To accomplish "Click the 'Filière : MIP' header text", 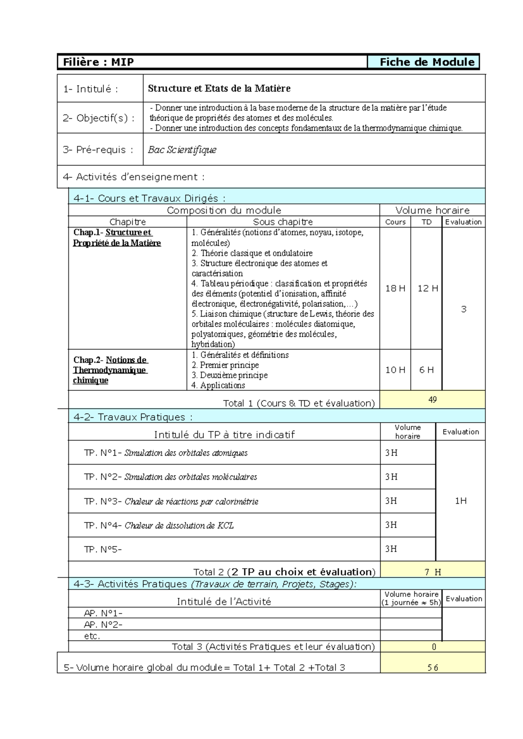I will tap(98, 62).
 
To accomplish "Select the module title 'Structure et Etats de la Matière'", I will tap(219, 88).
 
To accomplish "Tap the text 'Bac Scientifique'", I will tap(182, 150).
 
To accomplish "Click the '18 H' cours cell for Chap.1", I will tap(395, 288).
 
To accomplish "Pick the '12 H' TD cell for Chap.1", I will tap(427, 288).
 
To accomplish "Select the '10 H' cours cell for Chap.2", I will tap(395, 370).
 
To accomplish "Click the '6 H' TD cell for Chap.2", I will tap(426, 370).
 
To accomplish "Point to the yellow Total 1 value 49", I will tap(432, 400).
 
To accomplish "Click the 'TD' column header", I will tap(426, 222).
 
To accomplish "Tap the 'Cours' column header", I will tap(395, 222).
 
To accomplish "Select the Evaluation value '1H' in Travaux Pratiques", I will tap(461, 501).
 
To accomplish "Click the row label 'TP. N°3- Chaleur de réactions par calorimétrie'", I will tap(171, 502).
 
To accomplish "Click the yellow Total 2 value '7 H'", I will tap(432, 572).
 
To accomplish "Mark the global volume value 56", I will tap(432, 668).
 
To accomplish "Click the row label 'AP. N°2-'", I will tap(103, 625).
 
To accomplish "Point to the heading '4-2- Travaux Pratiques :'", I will tap(132, 417).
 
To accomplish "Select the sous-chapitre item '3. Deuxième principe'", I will tap(229, 375).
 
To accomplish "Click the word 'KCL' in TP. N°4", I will tap(225, 525).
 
